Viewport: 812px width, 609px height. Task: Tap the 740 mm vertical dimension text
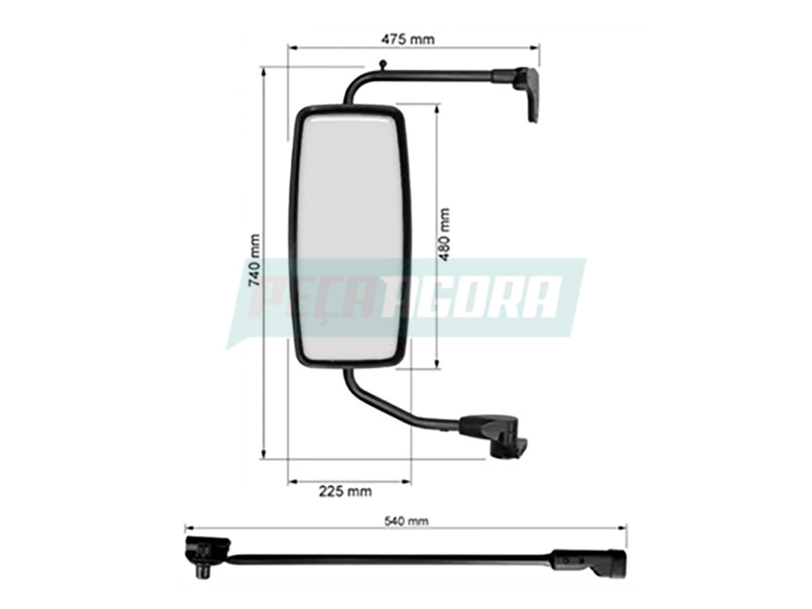255,261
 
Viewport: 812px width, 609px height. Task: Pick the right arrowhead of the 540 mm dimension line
623,528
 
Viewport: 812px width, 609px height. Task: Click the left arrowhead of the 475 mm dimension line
292,47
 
